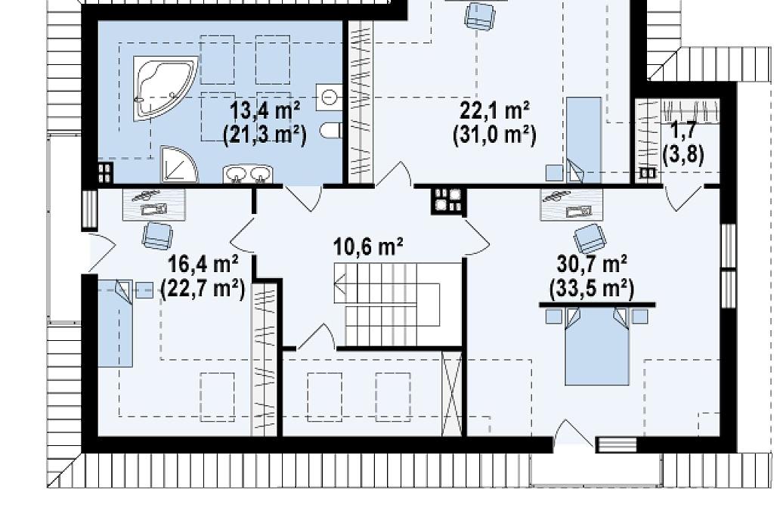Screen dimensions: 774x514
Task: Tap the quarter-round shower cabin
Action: [x=178, y=164]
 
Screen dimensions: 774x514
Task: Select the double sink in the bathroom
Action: [x=248, y=175]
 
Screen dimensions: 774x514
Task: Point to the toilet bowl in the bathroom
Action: [x=331, y=130]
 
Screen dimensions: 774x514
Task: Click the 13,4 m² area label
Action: [x=265, y=110]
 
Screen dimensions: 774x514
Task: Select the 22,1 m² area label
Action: [x=494, y=110]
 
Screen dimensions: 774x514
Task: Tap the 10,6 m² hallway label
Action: [x=368, y=246]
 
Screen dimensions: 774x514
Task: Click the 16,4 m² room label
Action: [x=203, y=264]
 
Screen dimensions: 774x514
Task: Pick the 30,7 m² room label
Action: [x=592, y=264]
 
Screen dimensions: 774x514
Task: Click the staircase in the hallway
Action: [x=387, y=305]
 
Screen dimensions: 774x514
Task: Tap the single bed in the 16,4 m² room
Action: [x=115, y=324]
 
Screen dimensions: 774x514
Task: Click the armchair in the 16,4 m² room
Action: [x=157, y=236]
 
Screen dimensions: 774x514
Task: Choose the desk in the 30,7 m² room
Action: [x=571, y=204]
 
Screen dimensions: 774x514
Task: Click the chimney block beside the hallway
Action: [x=448, y=202]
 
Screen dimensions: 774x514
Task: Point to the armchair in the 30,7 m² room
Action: [x=590, y=239]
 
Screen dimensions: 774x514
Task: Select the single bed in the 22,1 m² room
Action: [x=584, y=140]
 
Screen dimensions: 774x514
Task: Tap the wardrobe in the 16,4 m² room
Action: [x=264, y=360]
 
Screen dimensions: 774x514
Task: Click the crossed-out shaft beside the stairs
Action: [x=452, y=394]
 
